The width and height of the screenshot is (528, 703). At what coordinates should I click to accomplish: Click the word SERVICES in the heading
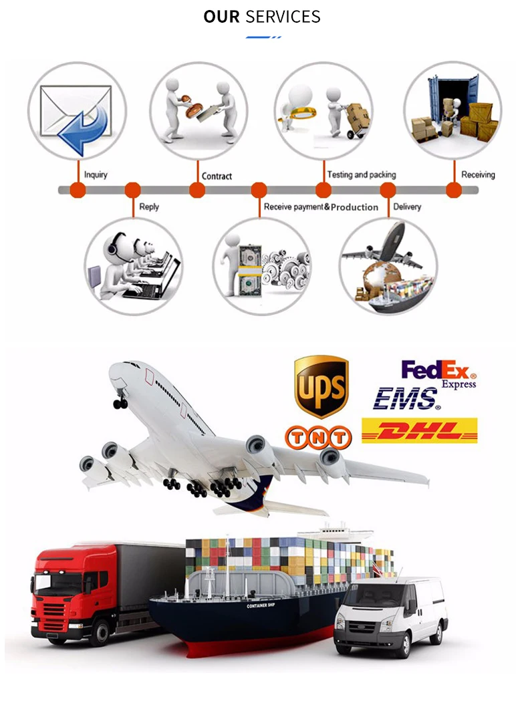click(x=283, y=17)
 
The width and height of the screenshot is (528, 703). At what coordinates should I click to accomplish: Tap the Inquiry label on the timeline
click(x=96, y=175)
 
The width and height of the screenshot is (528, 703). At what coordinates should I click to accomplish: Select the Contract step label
click(x=217, y=176)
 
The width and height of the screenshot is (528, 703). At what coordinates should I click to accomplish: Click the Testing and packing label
click(x=361, y=175)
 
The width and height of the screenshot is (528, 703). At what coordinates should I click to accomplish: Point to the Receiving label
click(x=478, y=175)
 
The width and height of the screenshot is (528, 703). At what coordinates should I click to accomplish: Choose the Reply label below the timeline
click(x=149, y=207)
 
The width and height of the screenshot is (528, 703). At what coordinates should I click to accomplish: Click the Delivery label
click(x=407, y=207)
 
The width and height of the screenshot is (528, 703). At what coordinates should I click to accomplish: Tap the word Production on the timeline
click(x=354, y=207)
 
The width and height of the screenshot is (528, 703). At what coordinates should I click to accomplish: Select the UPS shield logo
click(x=321, y=386)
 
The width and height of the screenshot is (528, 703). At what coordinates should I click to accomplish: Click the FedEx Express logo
click(x=438, y=373)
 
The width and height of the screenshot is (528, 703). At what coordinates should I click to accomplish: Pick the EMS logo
click(x=406, y=398)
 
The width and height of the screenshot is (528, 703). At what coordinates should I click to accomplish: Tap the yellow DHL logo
click(x=420, y=430)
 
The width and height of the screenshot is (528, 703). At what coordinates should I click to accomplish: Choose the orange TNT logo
click(x=318, y=438)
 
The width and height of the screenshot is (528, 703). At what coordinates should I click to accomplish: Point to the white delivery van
click(x=391, y=615)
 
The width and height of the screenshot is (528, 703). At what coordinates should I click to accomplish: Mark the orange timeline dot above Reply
click(x=133, y=190)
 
